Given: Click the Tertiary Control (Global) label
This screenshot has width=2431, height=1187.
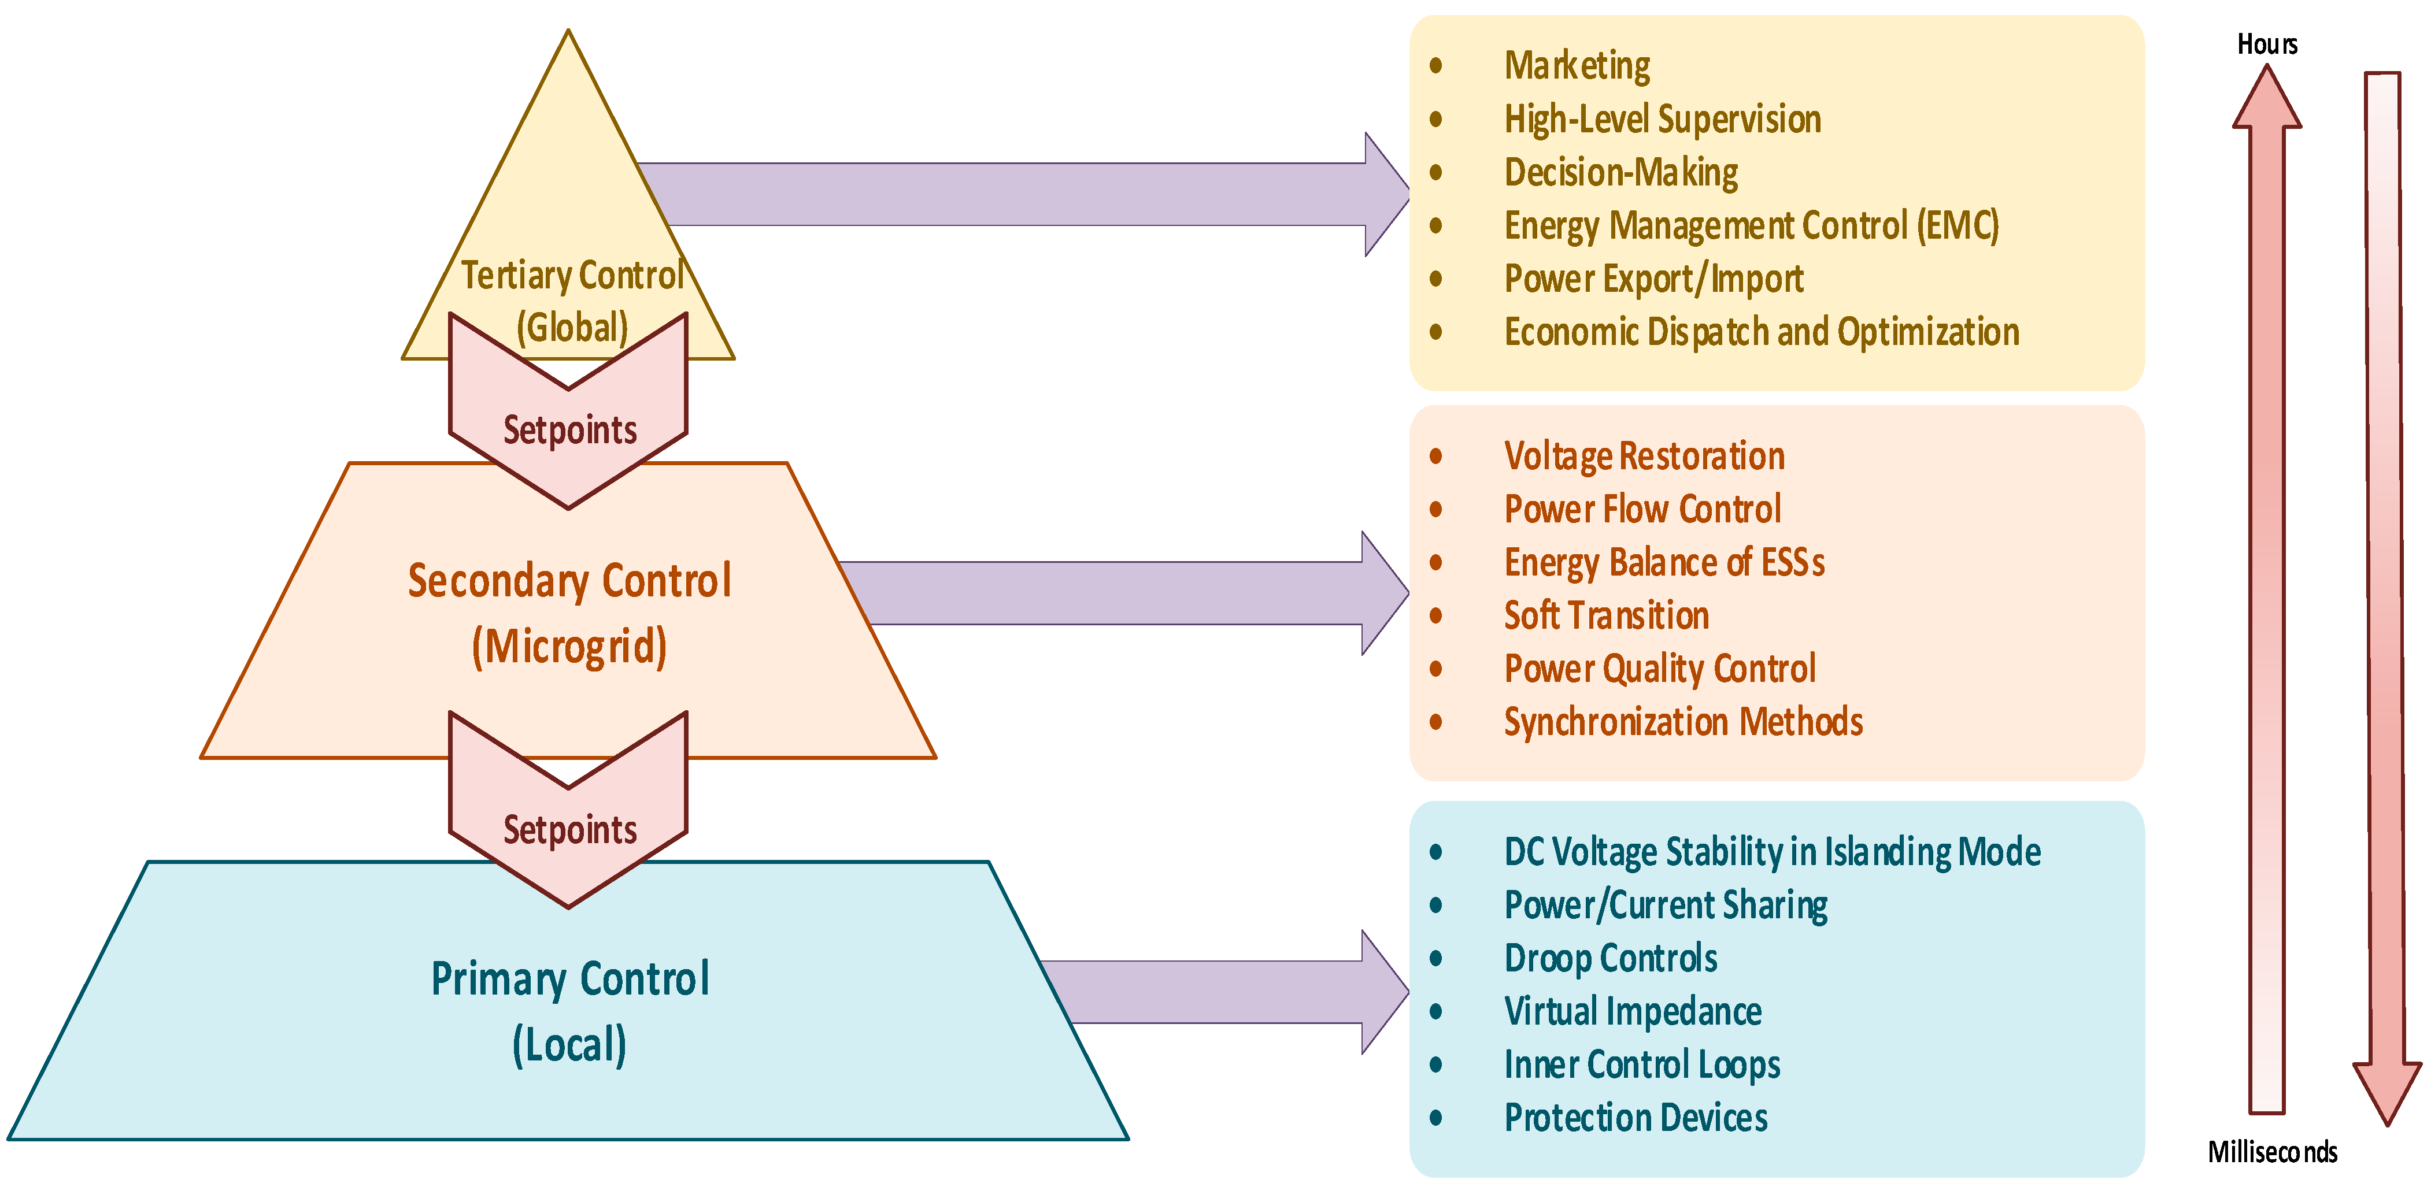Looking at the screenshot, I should point(572,300).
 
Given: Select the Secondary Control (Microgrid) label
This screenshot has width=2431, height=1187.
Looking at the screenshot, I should point(569,613).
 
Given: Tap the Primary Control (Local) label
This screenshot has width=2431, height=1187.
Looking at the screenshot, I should point(569,1011).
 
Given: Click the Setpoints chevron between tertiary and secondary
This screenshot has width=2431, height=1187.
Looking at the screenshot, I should point(569,429).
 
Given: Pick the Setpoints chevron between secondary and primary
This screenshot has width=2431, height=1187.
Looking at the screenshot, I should point(569,829).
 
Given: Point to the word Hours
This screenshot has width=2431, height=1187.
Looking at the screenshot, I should point(2267,44).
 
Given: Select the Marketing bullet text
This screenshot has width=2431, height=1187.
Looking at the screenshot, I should point(1577,65).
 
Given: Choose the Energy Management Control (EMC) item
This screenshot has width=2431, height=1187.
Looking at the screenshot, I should point(1751,225).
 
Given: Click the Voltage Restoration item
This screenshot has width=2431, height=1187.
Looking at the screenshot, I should point(1644,456).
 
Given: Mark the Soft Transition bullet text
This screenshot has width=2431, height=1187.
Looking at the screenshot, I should point(1606,615).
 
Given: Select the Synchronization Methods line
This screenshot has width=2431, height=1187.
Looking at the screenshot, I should point(1683,722).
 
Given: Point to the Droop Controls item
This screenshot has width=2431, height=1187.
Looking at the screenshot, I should point(1610,958).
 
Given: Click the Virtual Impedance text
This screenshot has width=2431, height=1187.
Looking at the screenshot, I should point(1633,1011).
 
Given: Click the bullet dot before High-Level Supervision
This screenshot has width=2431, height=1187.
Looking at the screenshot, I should point(1436,119).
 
